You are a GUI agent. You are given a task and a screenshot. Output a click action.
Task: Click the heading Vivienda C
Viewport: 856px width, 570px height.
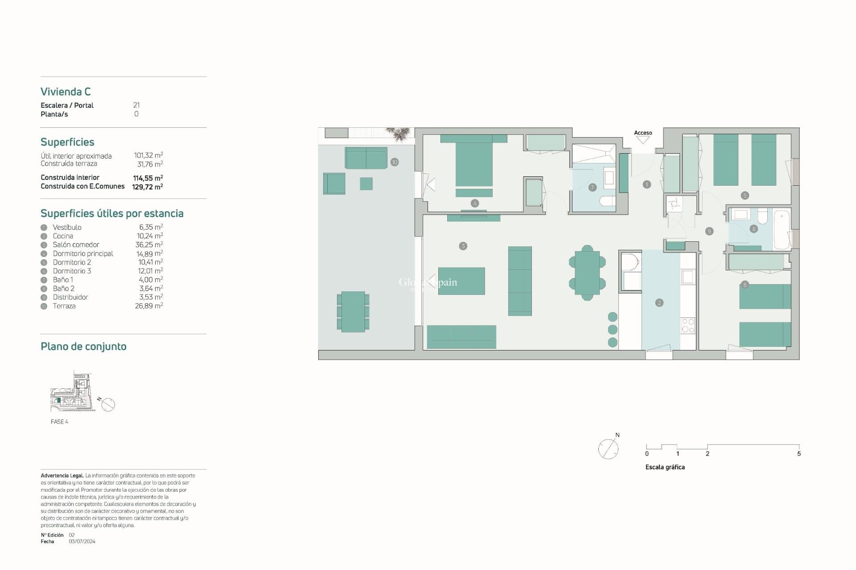point(66,92)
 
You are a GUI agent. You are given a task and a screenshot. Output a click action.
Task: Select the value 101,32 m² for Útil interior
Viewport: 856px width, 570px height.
point(148,155)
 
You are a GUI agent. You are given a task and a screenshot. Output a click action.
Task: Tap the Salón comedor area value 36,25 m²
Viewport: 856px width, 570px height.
point(149,244)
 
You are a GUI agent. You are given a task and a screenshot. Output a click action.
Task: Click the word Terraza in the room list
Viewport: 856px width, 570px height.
point(64,306)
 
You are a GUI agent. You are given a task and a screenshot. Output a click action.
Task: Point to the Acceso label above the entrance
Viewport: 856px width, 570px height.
point(643,133)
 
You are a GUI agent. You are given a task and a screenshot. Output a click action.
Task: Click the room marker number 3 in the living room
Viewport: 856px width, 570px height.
point(463,246)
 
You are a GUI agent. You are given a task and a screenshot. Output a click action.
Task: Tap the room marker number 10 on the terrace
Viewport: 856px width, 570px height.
point(395,162)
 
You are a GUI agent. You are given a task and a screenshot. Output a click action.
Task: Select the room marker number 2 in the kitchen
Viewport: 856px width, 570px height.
point(659,303)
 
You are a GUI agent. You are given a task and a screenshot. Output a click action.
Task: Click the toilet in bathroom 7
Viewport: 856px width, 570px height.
point(607,201)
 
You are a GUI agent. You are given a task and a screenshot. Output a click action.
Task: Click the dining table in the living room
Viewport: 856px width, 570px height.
point(587,273)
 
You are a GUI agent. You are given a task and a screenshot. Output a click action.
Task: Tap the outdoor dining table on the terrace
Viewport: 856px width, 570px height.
point(353,312)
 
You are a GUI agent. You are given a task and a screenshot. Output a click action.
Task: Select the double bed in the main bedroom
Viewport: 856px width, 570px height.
point(473,163)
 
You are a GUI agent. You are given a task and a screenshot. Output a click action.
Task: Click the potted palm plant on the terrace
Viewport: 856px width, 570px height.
point(398,134)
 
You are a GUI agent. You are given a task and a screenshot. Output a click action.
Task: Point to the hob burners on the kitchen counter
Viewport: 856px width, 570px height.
point(688,326)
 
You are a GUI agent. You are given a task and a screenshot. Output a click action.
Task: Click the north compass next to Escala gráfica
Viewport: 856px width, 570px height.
point(608,448)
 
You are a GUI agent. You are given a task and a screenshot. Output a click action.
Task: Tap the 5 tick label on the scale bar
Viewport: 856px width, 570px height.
point(798,454)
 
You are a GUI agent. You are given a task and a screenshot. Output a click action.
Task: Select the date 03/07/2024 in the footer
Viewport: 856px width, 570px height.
point(82,541)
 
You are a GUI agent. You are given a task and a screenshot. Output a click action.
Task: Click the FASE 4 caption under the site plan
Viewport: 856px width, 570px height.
point(59,422)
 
